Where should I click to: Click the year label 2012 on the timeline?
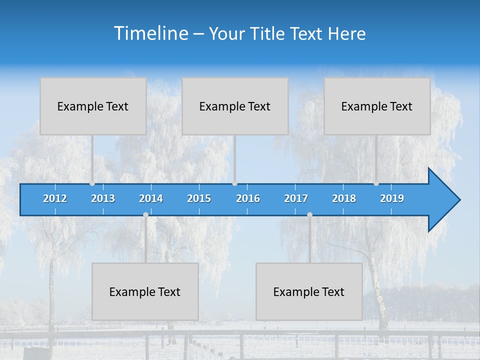(x=55, y=198)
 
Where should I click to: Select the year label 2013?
(x=103, y=198)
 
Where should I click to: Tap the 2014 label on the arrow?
(x=151, y=198)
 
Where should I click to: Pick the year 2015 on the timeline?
(x=199, y=198)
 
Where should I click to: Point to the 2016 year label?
(x=248, y=198)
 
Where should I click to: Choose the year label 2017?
(x=296, y=198)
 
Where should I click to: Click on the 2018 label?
(x=344, y=198)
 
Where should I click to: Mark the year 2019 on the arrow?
(x=392, y=198)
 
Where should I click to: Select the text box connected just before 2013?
(x=93, y=106)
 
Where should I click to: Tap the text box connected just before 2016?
(x=235, y=106)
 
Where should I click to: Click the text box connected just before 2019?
(x=377, y=106)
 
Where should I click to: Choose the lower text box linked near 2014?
(x=145, y=291)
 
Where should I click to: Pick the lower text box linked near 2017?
(x=309, y=291)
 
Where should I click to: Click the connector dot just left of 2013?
(x=92, y=183)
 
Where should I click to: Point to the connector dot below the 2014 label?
(x=145, y=214)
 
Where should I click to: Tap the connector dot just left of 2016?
(x=234, y=183)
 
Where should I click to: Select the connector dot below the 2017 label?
(x=309, y=214)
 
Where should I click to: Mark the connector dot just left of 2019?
(x=376, y=183)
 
